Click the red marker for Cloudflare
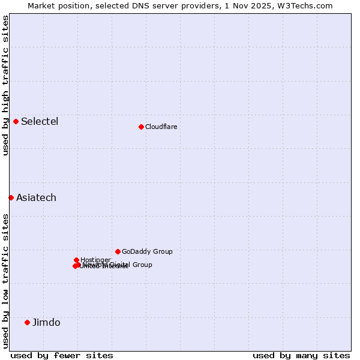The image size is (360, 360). coord(141,127)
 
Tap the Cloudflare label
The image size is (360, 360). coord(161,127)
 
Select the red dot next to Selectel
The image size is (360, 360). coord(16,121)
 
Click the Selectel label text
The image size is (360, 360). coord(40,122)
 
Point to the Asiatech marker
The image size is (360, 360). coord(11,197)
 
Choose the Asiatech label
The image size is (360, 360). coord(36,198)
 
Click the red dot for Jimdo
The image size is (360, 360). coord(27,322)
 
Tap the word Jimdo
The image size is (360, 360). coord(46,323)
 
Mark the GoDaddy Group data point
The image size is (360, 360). coord(118,251)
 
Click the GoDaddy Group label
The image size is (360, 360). coord(147,252)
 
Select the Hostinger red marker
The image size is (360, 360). coord(76,260)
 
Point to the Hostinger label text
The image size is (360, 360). coord(95,260)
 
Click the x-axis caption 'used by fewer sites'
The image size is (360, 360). coord(62,355)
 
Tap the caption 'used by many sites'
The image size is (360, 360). coord(301,355)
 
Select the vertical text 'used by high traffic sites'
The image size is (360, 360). coord(5,85)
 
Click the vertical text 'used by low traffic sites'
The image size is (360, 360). coord(5,281)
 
